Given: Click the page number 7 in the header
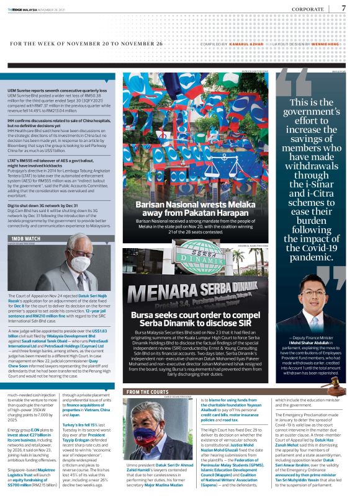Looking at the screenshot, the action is click(x=344, y=8).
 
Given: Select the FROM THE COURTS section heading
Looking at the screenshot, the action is click(x=148, y=392).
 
